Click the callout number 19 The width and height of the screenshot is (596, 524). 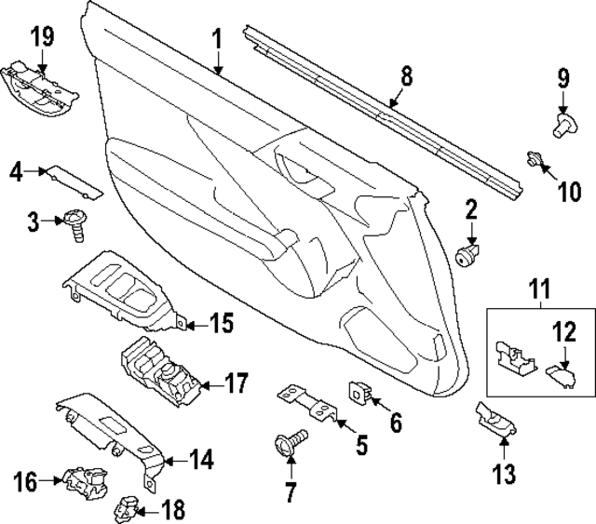coord(42,37)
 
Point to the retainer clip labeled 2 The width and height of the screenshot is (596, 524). coord(469,252)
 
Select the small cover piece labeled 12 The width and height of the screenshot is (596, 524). coord(560,374)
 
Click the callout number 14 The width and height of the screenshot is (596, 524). coord(202,459)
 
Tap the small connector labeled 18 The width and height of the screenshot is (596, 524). coord(127,509)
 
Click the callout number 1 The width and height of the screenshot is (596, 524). coord(216,40)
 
